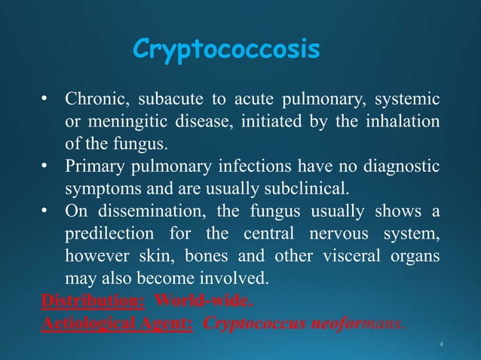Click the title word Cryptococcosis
pos(225,50)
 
